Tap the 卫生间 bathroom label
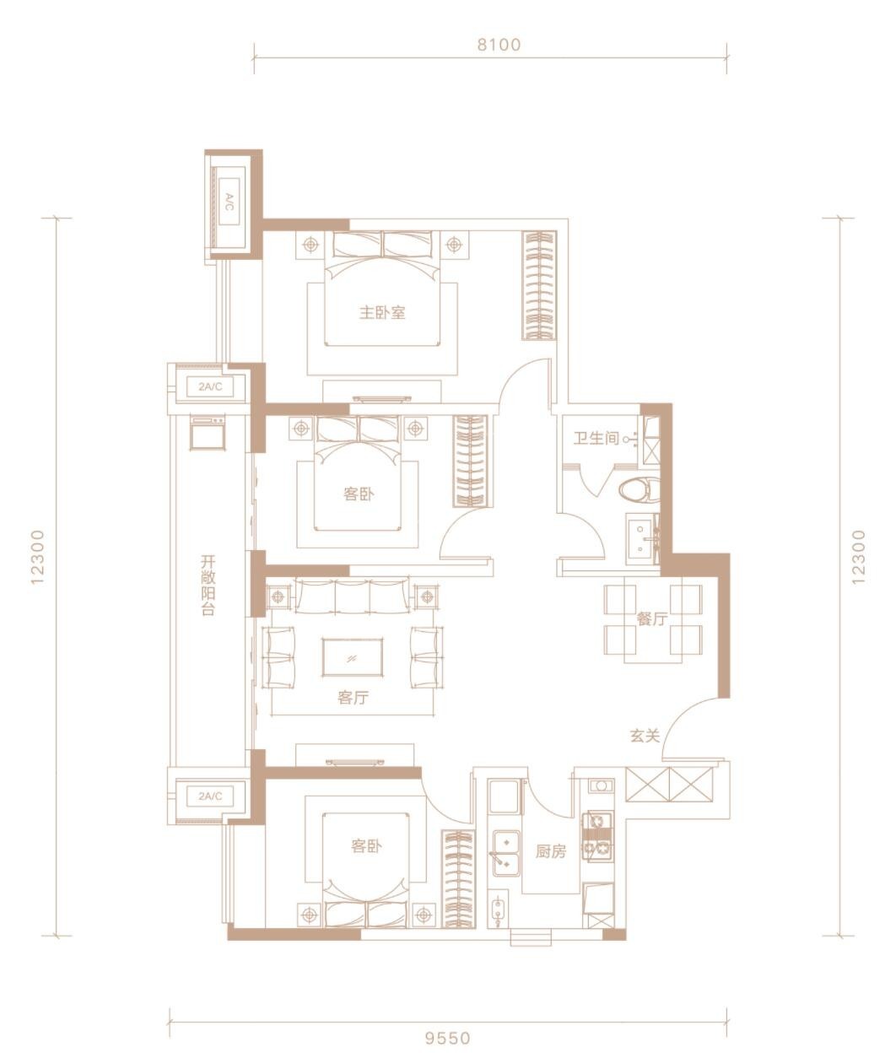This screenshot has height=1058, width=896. (x=596, y=438)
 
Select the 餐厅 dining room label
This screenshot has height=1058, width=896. (x=652, y=618)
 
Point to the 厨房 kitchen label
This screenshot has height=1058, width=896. (x=550, y=851)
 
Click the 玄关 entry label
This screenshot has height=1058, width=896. (x=645, y=736)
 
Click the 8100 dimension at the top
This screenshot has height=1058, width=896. (x=499, y=45)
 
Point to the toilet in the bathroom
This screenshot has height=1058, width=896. (x=639, y=490)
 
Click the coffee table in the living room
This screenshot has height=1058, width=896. (x=353, y=657)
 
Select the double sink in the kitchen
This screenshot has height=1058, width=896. (x=506, y=853)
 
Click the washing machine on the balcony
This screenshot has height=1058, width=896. (x=207, y=433)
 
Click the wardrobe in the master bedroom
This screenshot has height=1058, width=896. (x=539, y=285)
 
